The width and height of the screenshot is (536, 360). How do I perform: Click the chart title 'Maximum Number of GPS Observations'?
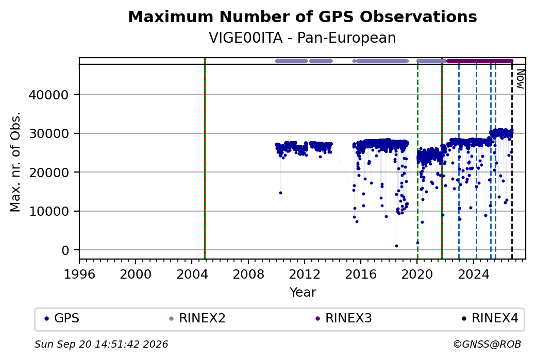pyautogui.click(x=303, y=16)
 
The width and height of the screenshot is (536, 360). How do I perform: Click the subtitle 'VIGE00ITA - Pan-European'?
pyautogui.click(x=303, y=38)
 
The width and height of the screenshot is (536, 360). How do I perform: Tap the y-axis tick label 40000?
pyautogui.click(x=49, y=95)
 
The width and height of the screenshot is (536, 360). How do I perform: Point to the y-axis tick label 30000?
pyautogui.click(x=49, y=133)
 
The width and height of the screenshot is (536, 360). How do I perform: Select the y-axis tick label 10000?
pyautogui.click(x=49, y=212)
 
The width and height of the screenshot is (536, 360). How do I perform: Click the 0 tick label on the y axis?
pyautogui.click(x=65, y=250)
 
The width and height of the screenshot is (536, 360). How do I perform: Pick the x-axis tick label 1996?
pyautogui.click(x=79, y=275)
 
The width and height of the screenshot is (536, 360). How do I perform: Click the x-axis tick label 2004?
pyautogui.click(x=192, y=275)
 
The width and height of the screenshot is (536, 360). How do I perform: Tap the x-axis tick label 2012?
pyautogui.click(x=305, y=275)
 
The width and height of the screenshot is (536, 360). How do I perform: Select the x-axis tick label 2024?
pyautogui.click(x=474, y=275)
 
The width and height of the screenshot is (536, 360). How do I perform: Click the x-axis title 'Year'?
pyautogui.click(x=303, y=293)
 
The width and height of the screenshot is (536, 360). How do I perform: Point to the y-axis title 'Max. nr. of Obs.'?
pyautogui.click(x=15, y=162)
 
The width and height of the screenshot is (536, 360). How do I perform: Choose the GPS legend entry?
pyautogui.click(x=62, y=318)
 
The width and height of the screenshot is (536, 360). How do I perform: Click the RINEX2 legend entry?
pyautogui.click(x=197, y=318)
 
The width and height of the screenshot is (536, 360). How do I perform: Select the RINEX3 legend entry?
pyautogui.click(x=344, y=318)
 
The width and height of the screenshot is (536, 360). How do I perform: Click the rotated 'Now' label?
pyautogui.click(x=520, y=79)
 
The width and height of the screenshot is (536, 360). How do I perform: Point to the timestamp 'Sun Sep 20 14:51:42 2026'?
pyautogui.click(x=101, y=344)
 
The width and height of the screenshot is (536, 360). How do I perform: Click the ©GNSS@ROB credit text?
pyautogui.click(x=487, y=344)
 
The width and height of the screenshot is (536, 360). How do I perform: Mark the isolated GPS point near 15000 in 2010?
pyautogui.click(x=281, y=193)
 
